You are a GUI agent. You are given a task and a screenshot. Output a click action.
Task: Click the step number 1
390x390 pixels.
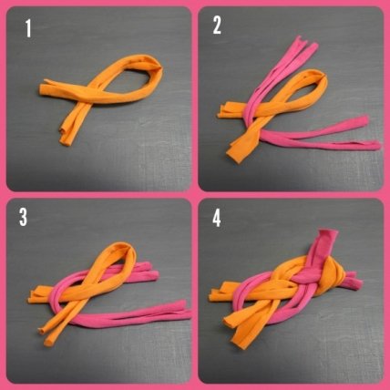coord(28,28)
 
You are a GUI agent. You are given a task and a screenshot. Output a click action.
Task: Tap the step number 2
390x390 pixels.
coord(217,26)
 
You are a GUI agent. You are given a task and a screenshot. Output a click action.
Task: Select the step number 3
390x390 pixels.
coord(23,217)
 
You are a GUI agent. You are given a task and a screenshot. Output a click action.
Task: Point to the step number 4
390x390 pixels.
coord(217,218)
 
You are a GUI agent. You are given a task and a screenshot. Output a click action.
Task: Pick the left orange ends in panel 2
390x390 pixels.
coord(226,110)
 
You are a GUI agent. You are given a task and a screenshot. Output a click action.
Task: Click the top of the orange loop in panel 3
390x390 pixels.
coord(124,246)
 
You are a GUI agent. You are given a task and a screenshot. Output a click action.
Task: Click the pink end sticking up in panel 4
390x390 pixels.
coord(326,240)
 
